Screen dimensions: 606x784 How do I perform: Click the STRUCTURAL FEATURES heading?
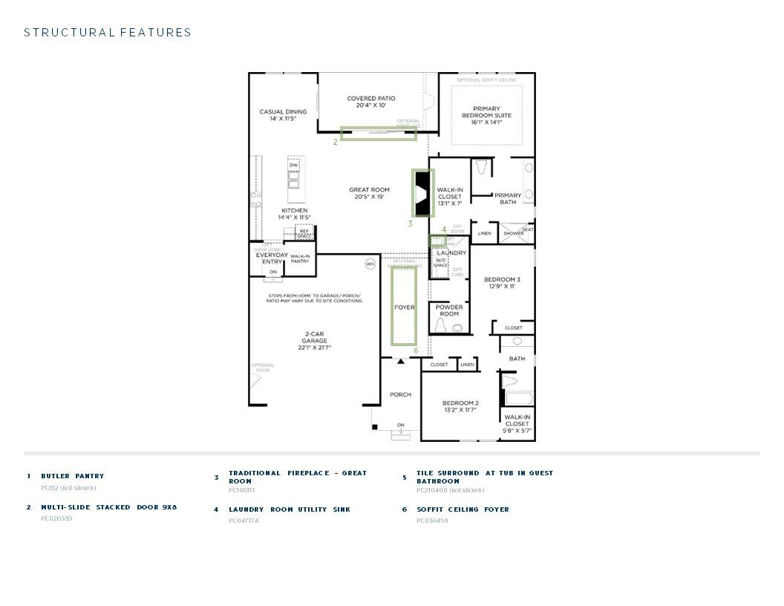108,33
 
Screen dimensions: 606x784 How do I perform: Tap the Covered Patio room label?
371,102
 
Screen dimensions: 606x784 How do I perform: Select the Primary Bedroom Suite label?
486,115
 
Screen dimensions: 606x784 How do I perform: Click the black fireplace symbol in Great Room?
422,193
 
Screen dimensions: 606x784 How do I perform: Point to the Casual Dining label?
283,115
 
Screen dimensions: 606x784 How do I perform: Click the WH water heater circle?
370,264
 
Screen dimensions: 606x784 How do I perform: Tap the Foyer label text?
404,307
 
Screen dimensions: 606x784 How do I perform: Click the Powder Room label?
449,310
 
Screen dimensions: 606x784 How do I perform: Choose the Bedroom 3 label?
503,282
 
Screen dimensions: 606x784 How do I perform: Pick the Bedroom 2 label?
460,406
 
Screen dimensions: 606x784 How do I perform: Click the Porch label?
400,394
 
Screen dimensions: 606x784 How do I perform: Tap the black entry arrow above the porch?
401,362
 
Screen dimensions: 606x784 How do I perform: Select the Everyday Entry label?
272,258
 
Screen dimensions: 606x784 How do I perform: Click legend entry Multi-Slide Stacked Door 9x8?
109,507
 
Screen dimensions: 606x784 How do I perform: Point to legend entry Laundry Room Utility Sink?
290,509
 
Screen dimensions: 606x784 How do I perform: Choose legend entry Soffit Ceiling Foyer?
463,509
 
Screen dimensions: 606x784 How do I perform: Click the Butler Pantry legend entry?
73,476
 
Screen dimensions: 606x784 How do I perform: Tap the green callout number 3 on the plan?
410,224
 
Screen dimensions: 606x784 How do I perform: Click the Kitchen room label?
294,214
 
